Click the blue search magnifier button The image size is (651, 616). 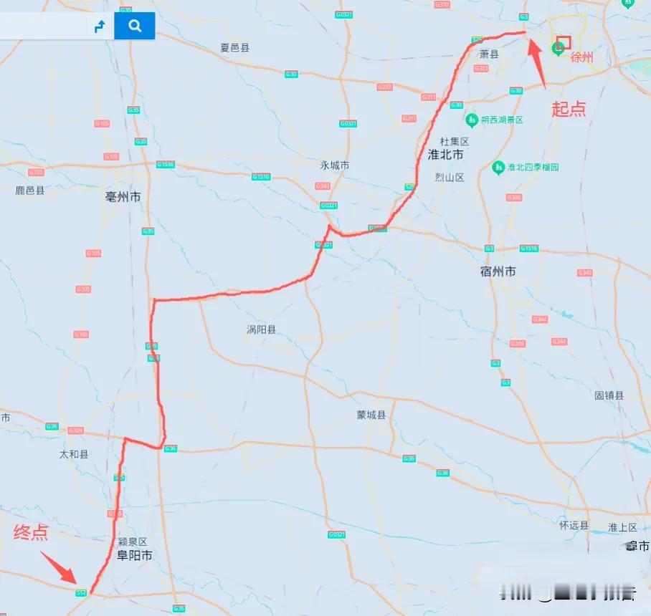click(x=134, y=27)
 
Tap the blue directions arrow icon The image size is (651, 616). click(x=100, y=27)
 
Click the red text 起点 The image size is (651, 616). click(x=568, y=109)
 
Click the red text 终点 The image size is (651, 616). click(x=31, y=532)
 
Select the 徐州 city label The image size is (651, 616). click(x=582, y=58)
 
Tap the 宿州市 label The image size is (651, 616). click(x=498, y=271)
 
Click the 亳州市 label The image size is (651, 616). click(x=123, y=197)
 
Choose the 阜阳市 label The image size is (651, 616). click(x=135, y=555)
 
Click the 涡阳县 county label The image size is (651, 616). click(x=261, y=330)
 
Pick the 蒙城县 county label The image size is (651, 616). click(x=371, y=415)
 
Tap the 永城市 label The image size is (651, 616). click(x=335, y=165)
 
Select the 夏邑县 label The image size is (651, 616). click(x=234, y=48)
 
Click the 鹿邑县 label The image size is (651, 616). click(x=30, y=191)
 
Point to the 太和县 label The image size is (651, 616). click(x=74, y=454)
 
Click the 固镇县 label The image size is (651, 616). click(x=609, y=395)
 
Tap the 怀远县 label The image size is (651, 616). click(x=574, y=525)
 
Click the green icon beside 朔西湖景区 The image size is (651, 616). click(x=472, y=120)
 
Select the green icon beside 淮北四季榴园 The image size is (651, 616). click(x=498, y=167)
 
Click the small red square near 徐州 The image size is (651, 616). click(x=564, y=42)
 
